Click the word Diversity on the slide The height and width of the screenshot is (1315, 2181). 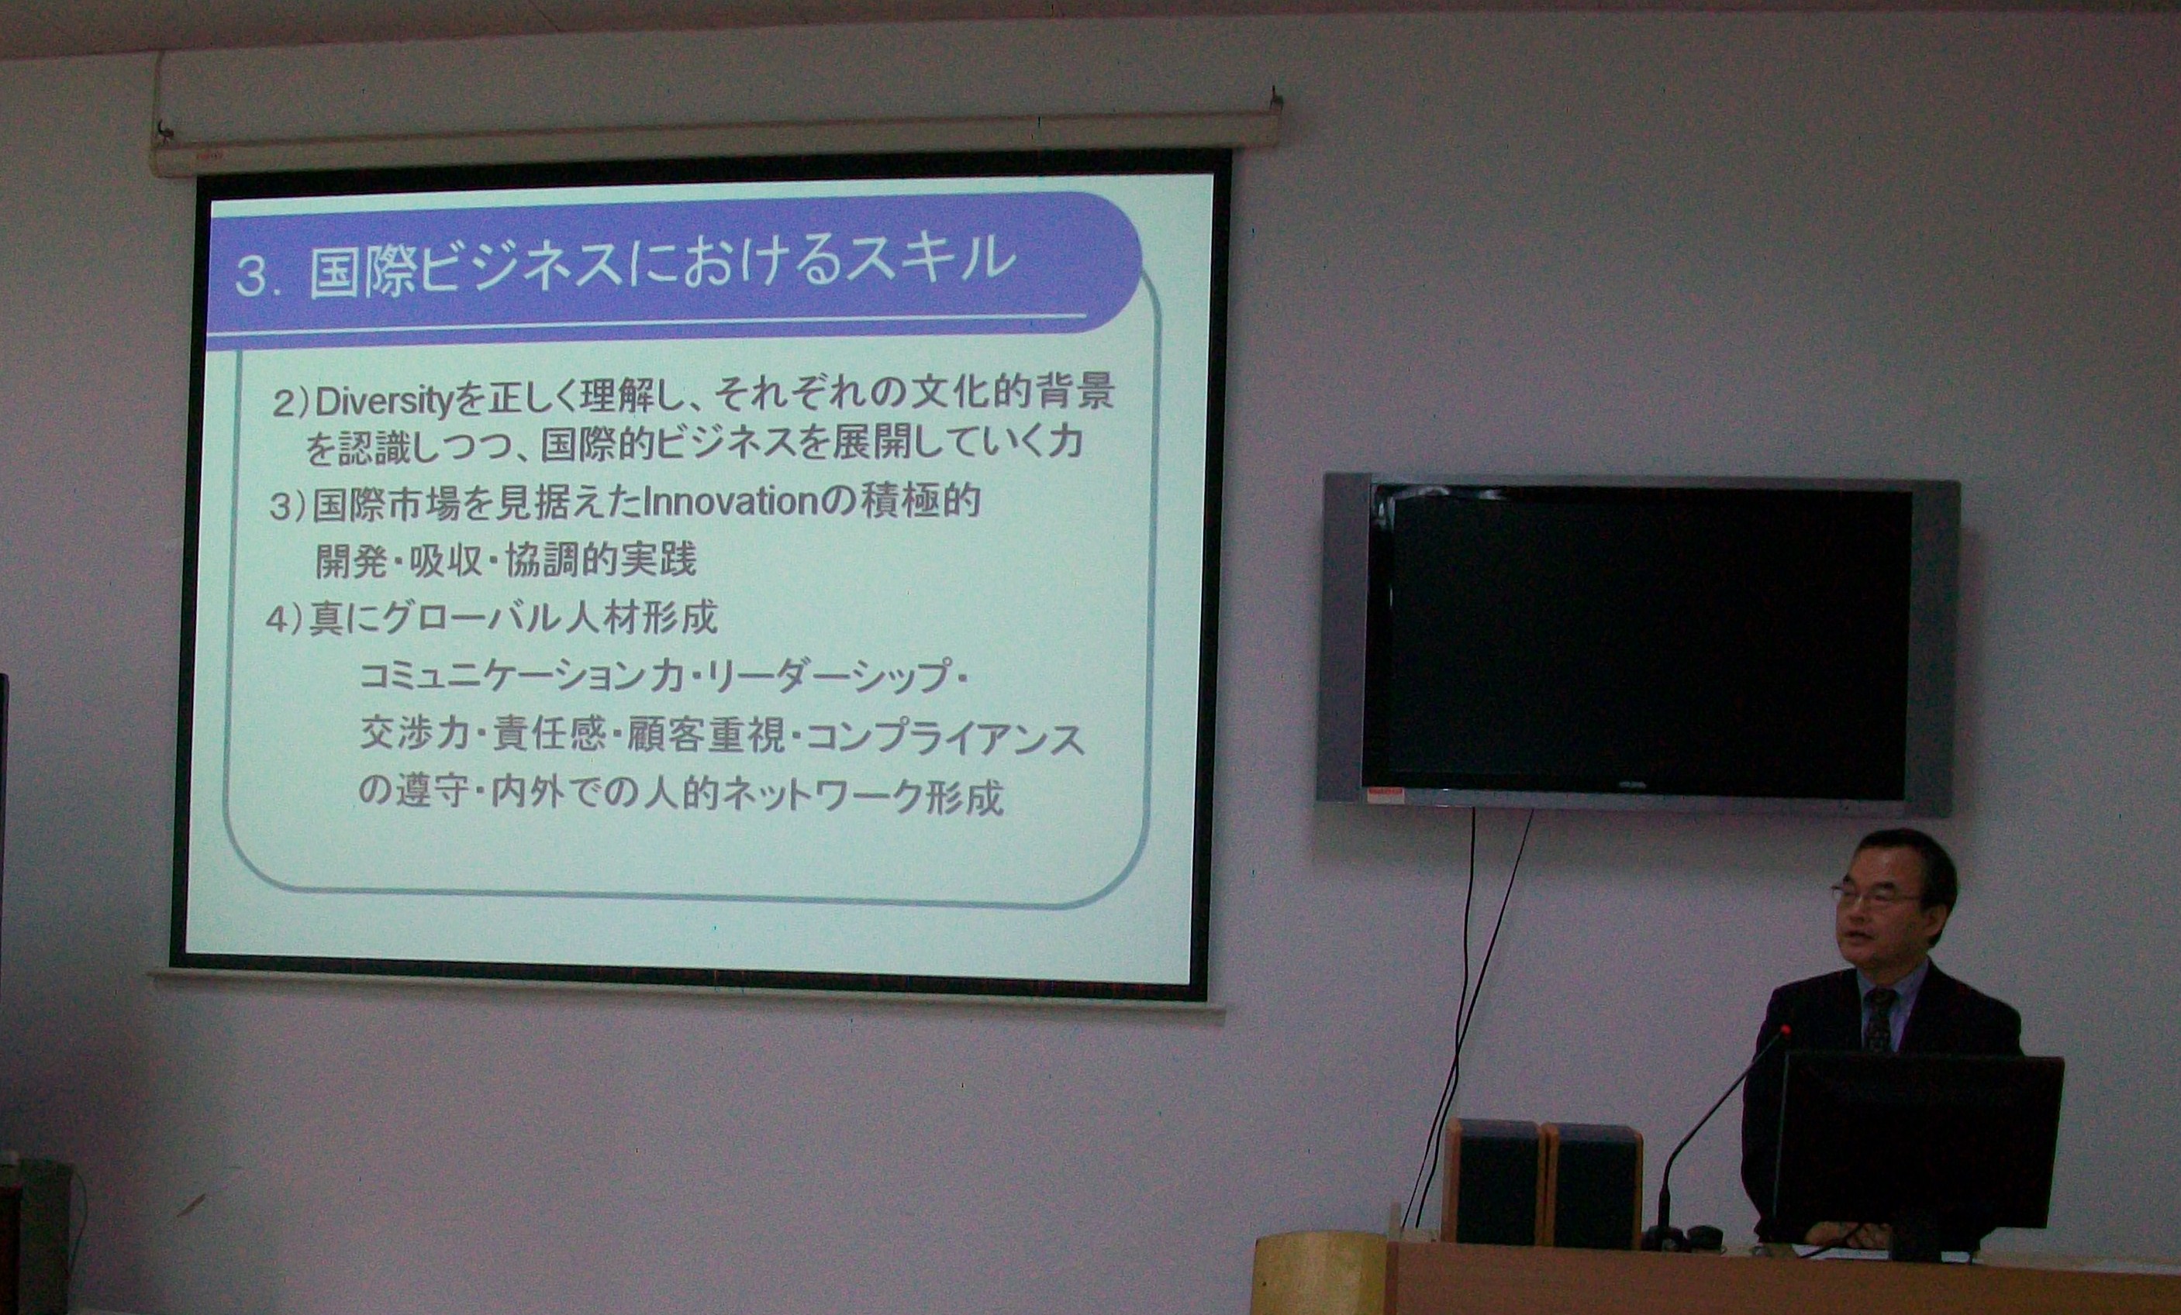coord(383,403)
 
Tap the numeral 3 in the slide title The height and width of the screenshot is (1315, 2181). coord(252,277)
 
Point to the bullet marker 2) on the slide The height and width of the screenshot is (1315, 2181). coord(289,404)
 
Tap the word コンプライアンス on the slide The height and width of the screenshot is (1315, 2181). coord(945,738)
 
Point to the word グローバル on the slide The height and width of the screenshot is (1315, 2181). coord(461,618)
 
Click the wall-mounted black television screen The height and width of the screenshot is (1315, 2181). coord(1637,643)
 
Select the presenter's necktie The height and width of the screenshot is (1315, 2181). coord(1879,1020)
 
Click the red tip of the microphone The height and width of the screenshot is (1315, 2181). coord(1786,1029)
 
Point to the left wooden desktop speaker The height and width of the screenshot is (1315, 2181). coord(1493,1182)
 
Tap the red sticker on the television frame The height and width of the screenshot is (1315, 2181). coord(1386,795)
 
